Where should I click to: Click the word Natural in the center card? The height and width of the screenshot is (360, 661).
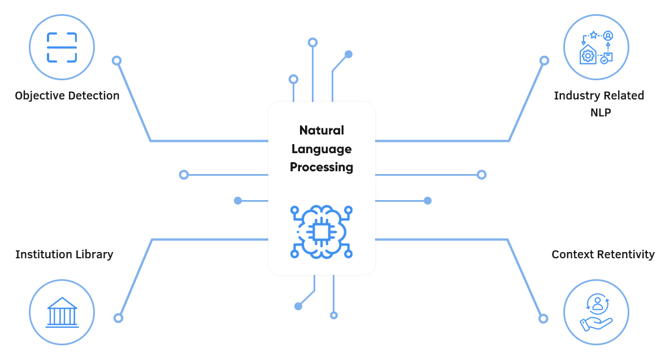[x=321, y=131]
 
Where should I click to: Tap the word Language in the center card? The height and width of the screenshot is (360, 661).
[x=321, y=149]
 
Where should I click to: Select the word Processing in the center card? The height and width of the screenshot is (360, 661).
[x=321, y=167]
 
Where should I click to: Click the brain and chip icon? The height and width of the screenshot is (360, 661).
[x=321, y=232]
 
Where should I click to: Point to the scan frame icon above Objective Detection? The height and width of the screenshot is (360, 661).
[x=62, y=47]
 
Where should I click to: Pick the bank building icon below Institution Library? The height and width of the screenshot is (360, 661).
[x=62, y=312]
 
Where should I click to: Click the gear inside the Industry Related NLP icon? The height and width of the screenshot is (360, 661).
[x=588, y=56]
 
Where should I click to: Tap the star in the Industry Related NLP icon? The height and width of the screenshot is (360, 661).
[x=594, y=35]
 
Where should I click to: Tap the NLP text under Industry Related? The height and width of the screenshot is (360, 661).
[x=601, y=112]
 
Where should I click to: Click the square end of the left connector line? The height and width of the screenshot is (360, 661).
[x=184, y=175]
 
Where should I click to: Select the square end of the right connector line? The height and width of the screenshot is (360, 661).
[x=481, y=175]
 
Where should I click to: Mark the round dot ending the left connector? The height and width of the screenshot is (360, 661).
[x=238, y=201]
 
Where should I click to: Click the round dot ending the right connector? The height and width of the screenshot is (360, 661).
[x=428, y=201]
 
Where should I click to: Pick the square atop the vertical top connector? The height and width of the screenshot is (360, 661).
[x=312, y=42]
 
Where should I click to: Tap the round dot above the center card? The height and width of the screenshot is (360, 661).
[x=349, y=54]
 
